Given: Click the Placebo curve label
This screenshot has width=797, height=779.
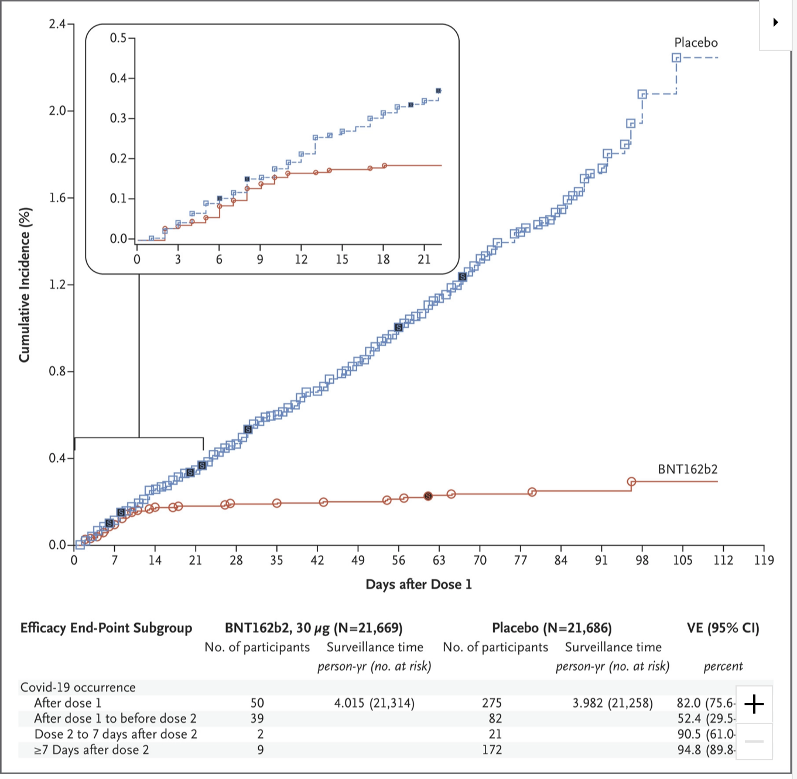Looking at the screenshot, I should pyautogui.click(x=696, y=43).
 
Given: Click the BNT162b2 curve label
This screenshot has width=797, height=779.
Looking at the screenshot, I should pyautogui.click(x=687, y=469).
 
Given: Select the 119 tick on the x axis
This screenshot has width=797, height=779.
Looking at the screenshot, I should pyautogui.click(x=764, y=561).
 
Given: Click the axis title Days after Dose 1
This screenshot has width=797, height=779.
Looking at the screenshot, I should pyautogui.click(x=418, y=585).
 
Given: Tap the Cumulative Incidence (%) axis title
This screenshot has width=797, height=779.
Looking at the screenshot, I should pyautogui.click(x=25, y=285).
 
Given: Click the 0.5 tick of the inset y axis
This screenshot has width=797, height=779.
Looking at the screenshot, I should pyautogui.click(x=118, y=38).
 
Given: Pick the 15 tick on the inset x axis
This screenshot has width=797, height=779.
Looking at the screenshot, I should pyautogui.click(x=342, y=259).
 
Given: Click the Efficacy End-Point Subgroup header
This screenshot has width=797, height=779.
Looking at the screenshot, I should pyautogui.click(x=106, y=628).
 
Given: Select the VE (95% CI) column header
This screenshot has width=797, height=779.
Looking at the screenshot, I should pyautogui.click(x=723, y=628).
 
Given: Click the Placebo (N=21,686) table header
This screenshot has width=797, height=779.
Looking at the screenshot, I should pyautogui.click(x=552, y=628).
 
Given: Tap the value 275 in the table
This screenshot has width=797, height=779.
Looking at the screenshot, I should pyautogui.click(x=492, y=703).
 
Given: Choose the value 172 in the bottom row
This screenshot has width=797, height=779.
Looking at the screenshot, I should pyautogui.click(x=492, y=750).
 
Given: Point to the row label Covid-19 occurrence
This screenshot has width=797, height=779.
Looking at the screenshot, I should pyautogui.click(x=78, y=687).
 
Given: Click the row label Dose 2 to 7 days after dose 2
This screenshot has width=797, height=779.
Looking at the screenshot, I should pyautogui.click(x=115, y=734).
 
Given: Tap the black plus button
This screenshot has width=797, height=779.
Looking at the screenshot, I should pyautogui.click(x=754, y=703).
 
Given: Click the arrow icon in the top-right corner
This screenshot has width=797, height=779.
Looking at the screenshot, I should pyautogui.click(x=775, y=22).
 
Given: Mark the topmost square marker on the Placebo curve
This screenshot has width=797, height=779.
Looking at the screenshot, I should pyautogui.click(x=676, y=57).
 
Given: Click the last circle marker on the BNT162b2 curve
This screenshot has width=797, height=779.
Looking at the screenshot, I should pyautogui.click(x=631, y=481).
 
